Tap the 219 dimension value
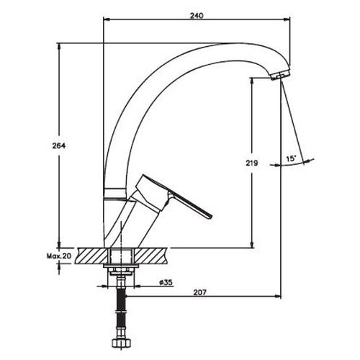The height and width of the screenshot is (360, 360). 251,163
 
